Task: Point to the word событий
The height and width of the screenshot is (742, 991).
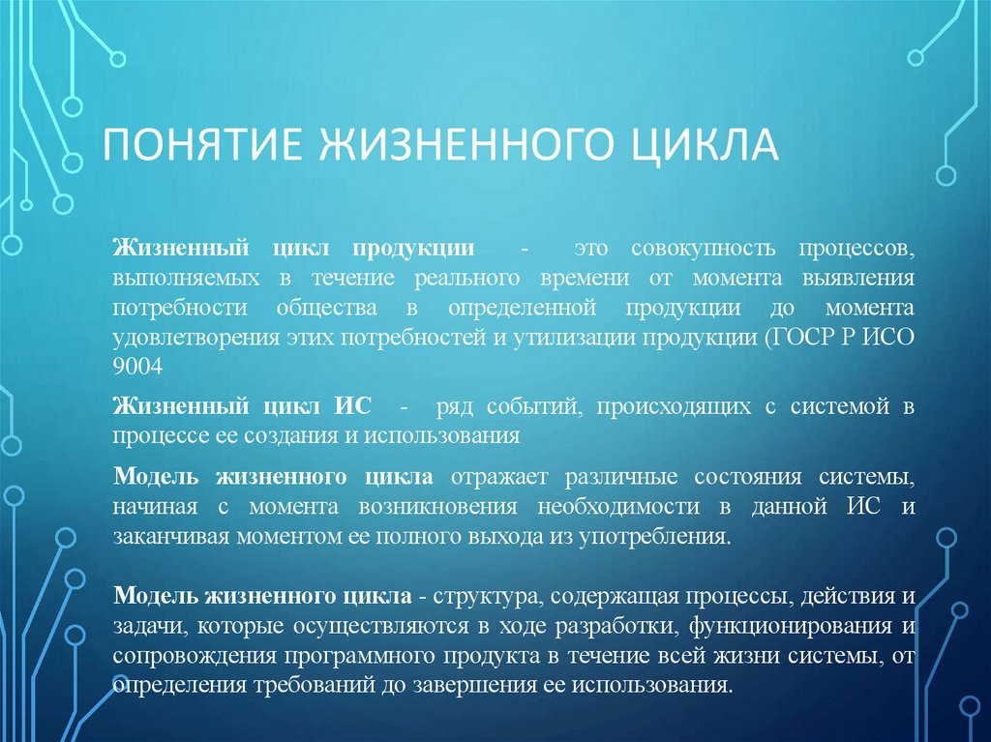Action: click(x=519, y=406)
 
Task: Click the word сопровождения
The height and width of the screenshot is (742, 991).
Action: click(x=195, y=656)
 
